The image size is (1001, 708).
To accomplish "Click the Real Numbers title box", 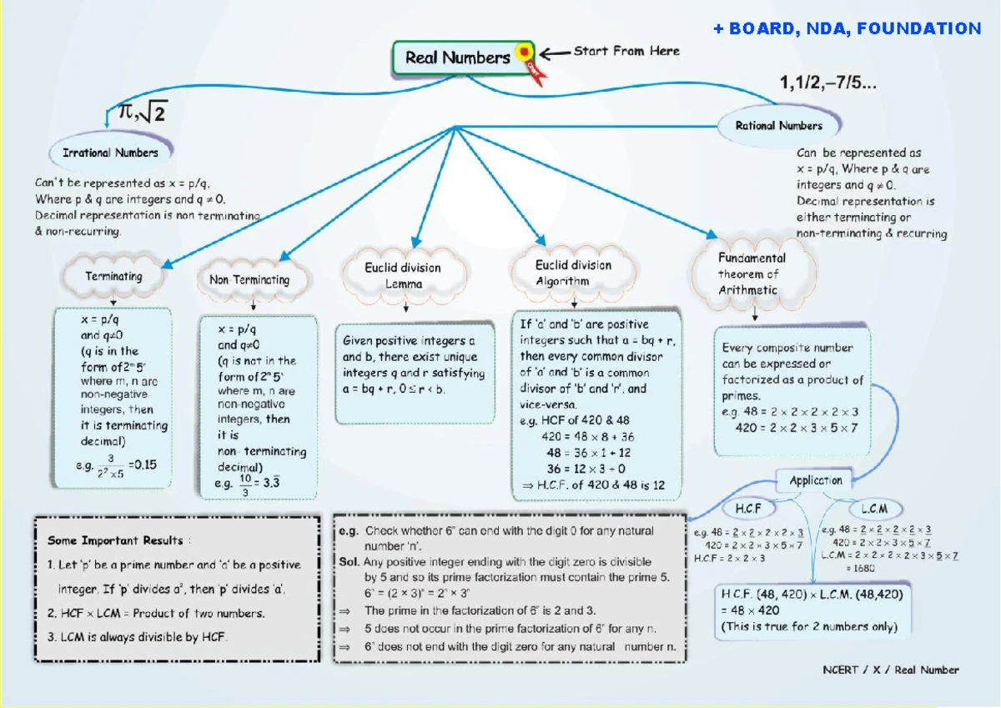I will click(x=456, y=58).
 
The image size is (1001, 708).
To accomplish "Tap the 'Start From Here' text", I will click(x=626, y=52).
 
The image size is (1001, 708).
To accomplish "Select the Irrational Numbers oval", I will click(x=110, y=153).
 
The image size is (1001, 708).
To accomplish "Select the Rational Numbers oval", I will click(x=778, y=126).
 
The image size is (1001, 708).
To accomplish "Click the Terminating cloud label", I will click(x=113, y=276).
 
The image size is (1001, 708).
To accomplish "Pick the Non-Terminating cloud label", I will click(x=249, y=280).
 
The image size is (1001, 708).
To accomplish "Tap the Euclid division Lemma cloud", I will click(x=403, y=276).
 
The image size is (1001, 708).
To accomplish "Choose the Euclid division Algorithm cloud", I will click(x=573, y=274).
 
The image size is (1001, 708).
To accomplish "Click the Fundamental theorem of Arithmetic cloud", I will click(x=752, y=274).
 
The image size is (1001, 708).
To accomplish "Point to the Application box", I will click(x=815, y=480).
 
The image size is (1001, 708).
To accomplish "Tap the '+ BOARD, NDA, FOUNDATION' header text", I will click(x=847, y=29).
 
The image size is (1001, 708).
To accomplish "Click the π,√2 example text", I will click(x=142, y=111).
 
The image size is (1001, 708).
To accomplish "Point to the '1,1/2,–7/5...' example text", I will click(x=827, y=83).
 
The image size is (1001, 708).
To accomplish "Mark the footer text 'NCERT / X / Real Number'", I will click(x=891, y=670).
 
